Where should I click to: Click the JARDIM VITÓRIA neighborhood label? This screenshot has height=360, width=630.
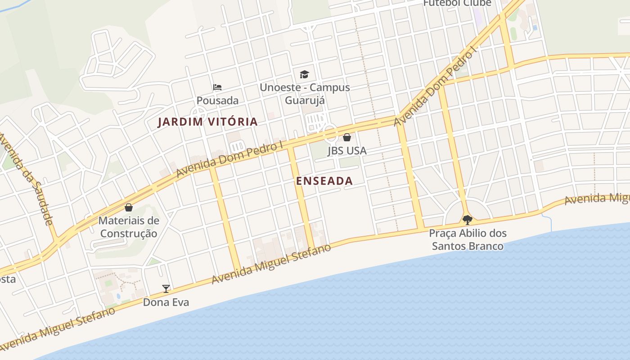(207, 121)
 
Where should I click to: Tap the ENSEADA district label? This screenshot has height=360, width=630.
(324, 181)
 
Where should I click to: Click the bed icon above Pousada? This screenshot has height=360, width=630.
(217, 87)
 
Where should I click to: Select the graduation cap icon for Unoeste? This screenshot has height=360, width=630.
(305, 74)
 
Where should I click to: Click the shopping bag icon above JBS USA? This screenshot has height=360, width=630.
(347, 137)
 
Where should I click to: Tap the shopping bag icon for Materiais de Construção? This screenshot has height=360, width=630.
(129, 207)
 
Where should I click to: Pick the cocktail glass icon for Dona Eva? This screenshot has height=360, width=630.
(166, 289)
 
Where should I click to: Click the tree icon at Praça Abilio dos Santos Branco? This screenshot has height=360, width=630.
(468, 220)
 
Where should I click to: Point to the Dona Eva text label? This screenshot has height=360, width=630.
(166, 302)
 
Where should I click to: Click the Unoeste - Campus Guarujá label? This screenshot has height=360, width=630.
(305, 94)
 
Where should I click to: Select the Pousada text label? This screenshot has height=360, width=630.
(217, 100)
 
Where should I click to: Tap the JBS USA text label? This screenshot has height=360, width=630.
(347, 151)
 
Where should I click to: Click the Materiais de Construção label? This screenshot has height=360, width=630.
(129, 227)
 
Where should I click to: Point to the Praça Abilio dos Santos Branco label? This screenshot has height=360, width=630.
(468, 240)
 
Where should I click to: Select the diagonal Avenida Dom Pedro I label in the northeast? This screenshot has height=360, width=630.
(435, 85)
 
